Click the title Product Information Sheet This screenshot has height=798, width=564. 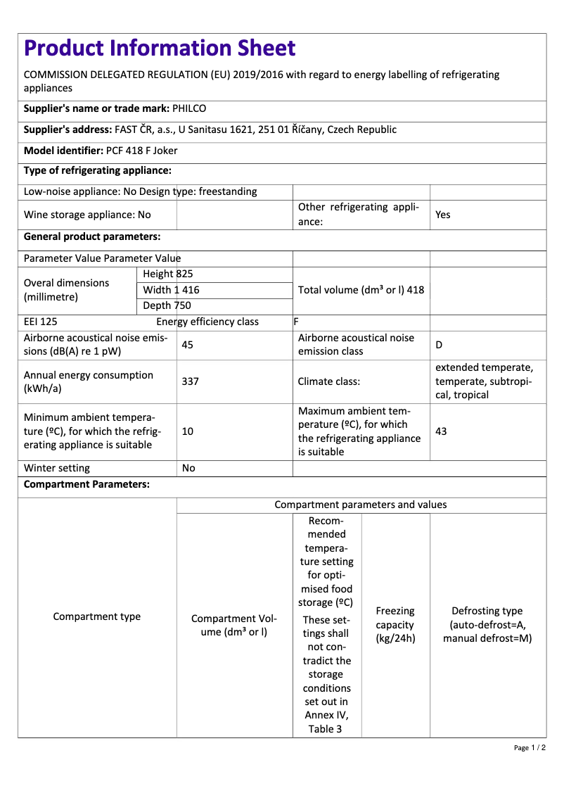coord(160,49)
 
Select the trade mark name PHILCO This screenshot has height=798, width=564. coord(189,108)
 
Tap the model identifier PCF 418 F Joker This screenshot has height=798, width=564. coord(141,151)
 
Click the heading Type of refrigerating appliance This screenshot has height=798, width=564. coord(98,171)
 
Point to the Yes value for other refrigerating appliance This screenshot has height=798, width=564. coord(443,215)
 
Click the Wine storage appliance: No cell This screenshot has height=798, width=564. coord(87,215)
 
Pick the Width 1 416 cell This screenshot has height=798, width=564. coord(171,290)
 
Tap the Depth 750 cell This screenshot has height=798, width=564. coord(167,305)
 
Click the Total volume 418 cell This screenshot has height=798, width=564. coord(361,290)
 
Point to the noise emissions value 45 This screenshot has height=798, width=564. coord(188,345)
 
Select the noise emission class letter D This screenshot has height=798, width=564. coord(439,345)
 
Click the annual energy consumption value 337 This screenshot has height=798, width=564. coord(190,381)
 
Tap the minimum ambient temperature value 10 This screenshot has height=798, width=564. coord(188,431)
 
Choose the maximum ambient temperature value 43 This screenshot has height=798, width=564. coord(442,431)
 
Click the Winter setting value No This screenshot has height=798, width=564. coord(188,468)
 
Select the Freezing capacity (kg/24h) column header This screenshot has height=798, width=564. coord(395,625)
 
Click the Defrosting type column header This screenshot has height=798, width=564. coord(487,625)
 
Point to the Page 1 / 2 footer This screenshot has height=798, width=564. coord(530,747)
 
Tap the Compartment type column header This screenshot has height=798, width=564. coord(97,616)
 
